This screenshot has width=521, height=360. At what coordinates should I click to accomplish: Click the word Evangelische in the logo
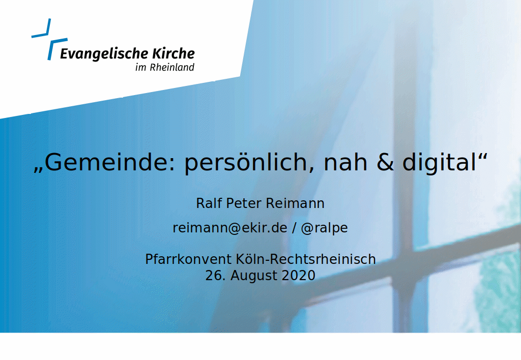104,54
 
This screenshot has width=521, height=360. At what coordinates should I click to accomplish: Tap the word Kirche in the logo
173,53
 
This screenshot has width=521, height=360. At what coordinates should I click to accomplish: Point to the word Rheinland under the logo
172,67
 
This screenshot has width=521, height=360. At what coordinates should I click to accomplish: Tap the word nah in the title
345,162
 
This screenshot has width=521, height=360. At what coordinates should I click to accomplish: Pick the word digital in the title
440,163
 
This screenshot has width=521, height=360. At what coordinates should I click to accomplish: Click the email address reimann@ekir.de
230,228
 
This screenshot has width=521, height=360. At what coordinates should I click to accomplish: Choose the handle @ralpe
324,228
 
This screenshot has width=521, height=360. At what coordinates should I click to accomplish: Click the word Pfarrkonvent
188,259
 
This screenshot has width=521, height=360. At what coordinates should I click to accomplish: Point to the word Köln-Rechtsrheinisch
306,259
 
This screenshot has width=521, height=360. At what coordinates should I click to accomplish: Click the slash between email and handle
294,228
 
